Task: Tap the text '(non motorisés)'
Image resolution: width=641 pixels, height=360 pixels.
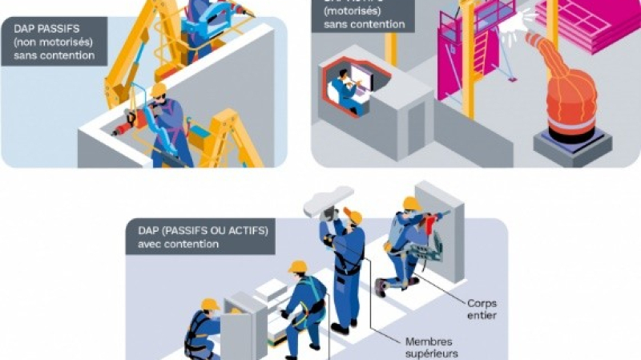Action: (50, 42)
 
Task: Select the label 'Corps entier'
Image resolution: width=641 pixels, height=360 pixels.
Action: (482, 309)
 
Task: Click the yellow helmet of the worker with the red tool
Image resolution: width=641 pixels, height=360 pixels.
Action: (158, 89)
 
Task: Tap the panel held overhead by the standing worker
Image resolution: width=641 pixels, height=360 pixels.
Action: (329, 200)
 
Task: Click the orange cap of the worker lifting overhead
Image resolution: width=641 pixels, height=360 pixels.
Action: (353, 216)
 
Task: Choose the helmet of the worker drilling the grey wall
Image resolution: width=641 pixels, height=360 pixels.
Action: (412, 204)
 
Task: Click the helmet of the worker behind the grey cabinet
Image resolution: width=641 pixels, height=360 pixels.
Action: (210, 304)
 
